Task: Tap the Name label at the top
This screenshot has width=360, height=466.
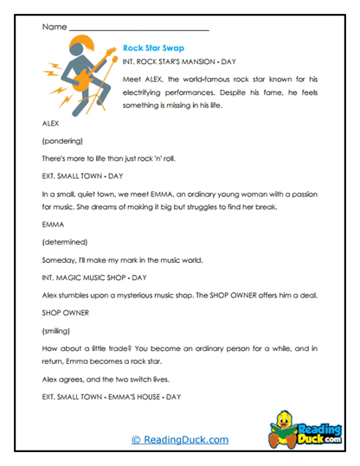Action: coord(53,27)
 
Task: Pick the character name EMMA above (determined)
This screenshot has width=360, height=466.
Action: coord(54,223)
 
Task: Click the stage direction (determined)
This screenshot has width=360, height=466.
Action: coord(64,241)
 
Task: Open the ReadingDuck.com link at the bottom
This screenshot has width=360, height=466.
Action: coord(180,439)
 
